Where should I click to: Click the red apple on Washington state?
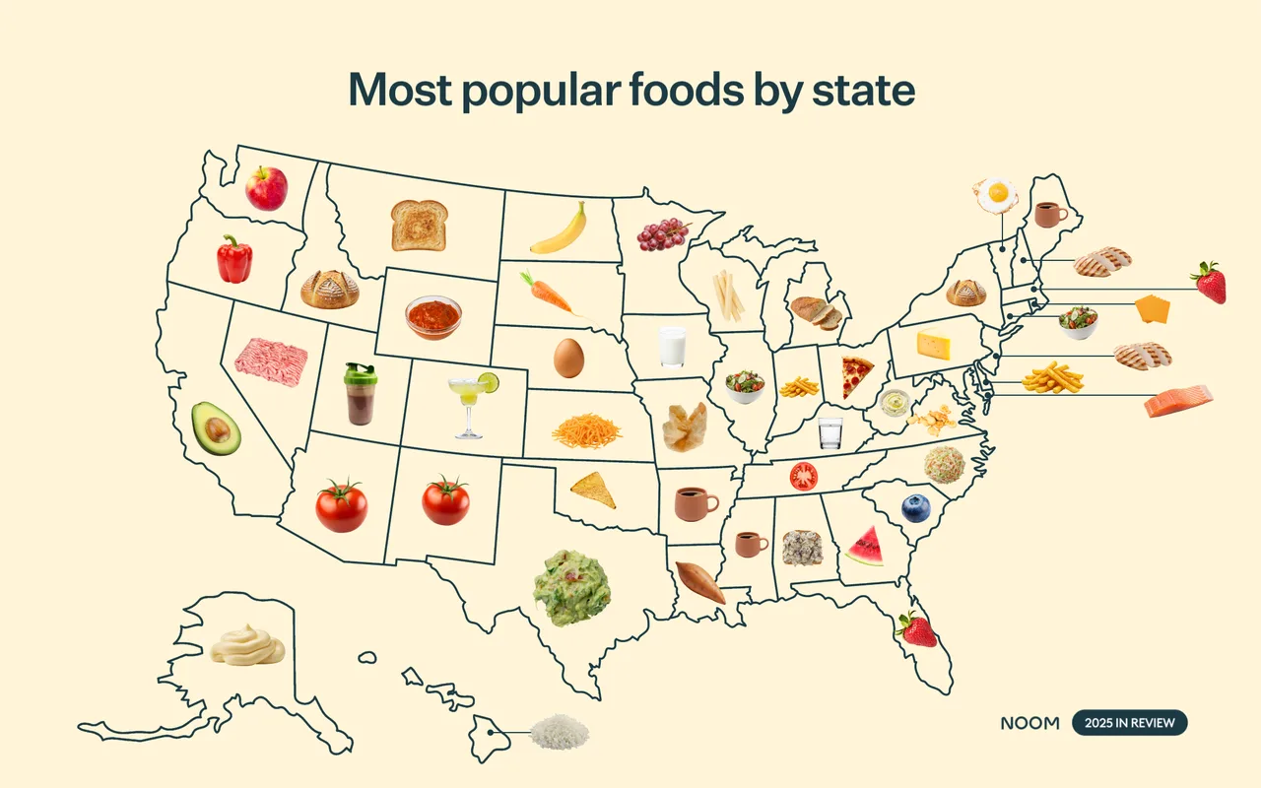coord(266,188)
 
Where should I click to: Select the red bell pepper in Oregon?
coord(234,259)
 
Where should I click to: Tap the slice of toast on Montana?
coord(420,225)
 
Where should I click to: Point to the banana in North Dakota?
coord(559,230)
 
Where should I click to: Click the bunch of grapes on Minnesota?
coord(662,233)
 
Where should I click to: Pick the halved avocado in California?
coord(216,427)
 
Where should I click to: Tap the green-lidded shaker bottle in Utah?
coord(360,394)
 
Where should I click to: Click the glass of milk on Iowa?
coord(672,347)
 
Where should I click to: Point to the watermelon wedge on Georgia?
coord(865,547)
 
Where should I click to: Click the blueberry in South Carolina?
coord(915,508)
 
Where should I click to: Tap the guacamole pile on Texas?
coord(571,588)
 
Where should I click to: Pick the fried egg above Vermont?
coord(995,194)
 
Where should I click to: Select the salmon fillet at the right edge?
coord(1178,401)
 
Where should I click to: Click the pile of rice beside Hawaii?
coord(560,732)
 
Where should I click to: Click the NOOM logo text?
coord(1029,723)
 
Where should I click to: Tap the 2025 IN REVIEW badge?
coord(1129,723)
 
